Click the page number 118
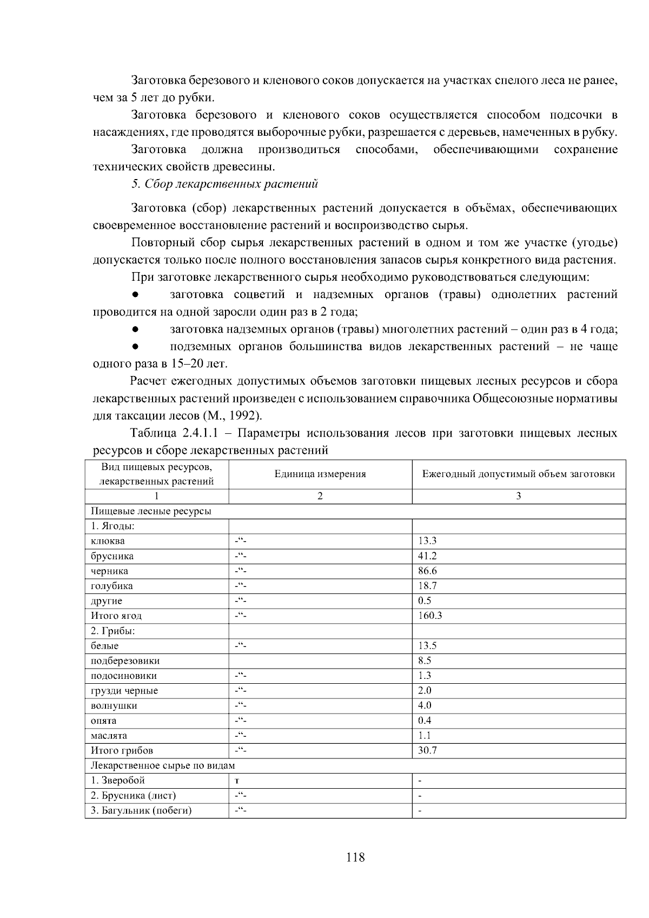pyautogui.click(x=355, y=857)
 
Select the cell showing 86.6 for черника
pyautogui.click(x=427, y=571)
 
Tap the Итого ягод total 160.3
pyautogui.click(x=430, y=616)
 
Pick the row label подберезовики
pyautogui.click(x=125, y=661)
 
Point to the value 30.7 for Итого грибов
pyautogui.click(x=427, y=750)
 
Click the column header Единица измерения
pyautogui.click(x=320, y=474)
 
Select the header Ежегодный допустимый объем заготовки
pyautogui.click(x=519, y=474)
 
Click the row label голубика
pyautogui.click(x=111, y=586)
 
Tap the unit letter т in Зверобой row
pyautogui.click(x=237, y=781)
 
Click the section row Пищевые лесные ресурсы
pyautogui.click(x=151, y=511)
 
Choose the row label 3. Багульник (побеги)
pyautogui.click(x=141, y=810)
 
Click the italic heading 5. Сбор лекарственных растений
pyautogui.click(x=225, y=184)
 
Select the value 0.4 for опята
pyautogui.click(x=424, y=721)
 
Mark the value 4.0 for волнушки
pyautogui.click(x=424, y=705)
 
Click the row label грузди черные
pyautogui.click(x=124, y=691)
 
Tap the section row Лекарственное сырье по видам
pyautogui.click(x=163, y=765)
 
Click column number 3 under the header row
pyautogui.click(x=519, y=496)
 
